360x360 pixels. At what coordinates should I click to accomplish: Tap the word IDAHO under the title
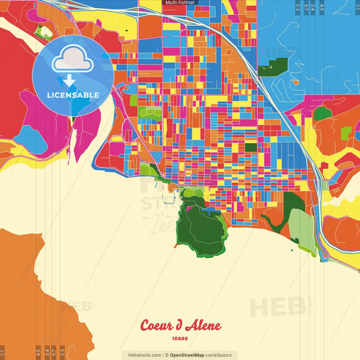[x=180, y=338]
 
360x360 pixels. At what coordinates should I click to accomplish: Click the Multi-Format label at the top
[x=180, y=3]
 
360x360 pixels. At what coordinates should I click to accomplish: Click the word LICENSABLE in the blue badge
[x=72, y=95]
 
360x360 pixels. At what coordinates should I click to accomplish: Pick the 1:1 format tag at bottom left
[x=3, y=352]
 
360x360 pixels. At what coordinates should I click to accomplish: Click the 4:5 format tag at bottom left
[x=38, y=352]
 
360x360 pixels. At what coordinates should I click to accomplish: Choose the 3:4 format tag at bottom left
[x=54, y=352]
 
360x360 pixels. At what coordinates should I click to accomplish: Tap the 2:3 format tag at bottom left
[x=62, y=352]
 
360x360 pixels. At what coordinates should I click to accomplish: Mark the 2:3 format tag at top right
[x=298, y=8]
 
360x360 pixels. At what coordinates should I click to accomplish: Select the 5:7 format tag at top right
[x=306, y=8]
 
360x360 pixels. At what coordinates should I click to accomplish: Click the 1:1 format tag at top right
[x=357, y=8]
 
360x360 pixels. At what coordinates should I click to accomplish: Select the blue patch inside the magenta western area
[x=29, y=138]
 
